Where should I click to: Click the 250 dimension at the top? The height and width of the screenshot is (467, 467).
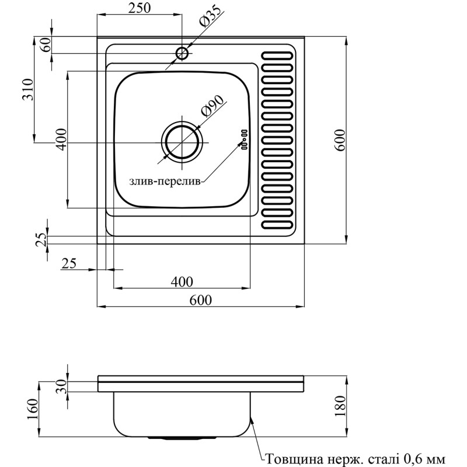pyautogui.click(x=140, y=8)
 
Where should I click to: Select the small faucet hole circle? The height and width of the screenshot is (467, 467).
pyautogui.click(x=182, y=54)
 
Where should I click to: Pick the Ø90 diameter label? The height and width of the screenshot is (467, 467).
pyautogui.click(x=212, y=107)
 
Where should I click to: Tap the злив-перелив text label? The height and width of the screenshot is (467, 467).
pyautogui.click(x=165, y=182)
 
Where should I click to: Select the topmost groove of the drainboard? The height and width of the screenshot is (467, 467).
pyautogui.click(x=278, y=57)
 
